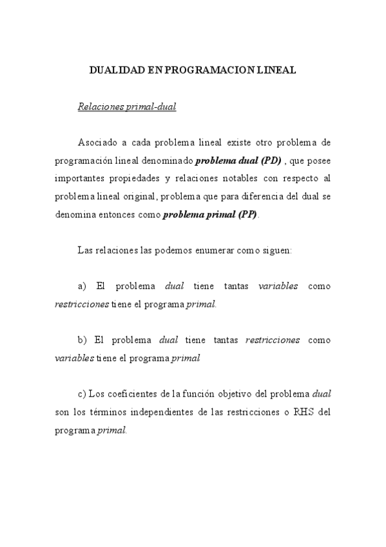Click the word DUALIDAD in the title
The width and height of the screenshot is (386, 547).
[113, 71]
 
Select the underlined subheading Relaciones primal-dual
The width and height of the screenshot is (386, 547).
[126, 106]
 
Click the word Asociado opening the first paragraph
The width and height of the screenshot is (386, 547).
[98, 142]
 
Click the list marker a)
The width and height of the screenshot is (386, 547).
[82, 286]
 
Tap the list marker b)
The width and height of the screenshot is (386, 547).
[82, 339]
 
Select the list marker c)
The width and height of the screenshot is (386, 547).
[81, 393]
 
